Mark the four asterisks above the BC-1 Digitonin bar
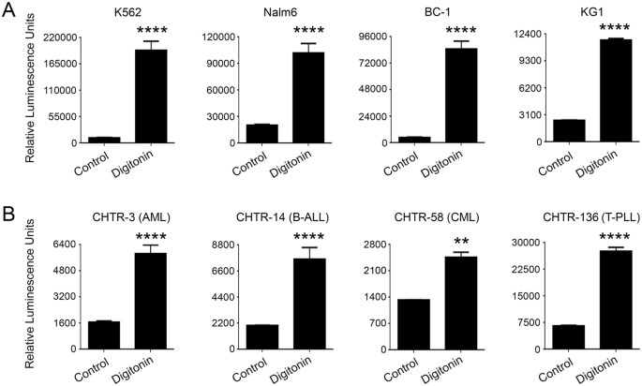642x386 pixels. (460, 30)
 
